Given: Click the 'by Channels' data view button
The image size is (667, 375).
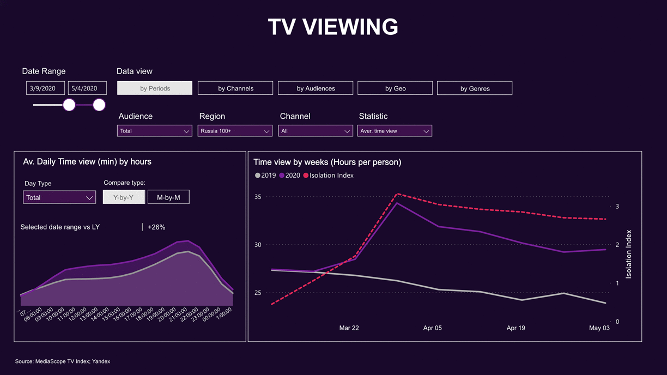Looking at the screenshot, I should (x=235, y=88).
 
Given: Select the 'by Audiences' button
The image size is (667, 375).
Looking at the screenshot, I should (x=316, y=88).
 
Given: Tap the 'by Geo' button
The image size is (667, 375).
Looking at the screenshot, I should (x=395, y=88).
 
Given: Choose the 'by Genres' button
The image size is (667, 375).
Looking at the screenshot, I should (x=475, y=88).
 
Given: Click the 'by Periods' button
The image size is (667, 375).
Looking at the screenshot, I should (x=155, y=88).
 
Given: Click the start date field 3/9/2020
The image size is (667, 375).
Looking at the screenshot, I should (x=45, y=88).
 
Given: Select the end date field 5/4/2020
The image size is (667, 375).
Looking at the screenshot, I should (x=87, y=88).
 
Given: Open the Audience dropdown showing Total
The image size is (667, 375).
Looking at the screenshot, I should (x=154, y=131).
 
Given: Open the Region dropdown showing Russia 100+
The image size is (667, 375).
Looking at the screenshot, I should (x=235, y=131).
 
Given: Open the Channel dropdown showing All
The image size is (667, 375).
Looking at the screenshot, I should (x=315, y=131).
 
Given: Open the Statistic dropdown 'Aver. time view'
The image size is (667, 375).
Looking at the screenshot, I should (x=395, y=131).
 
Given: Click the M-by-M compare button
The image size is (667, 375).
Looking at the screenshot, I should (x=168, y=197).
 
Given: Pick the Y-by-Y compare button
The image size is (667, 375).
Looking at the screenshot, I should (x=124, y=197).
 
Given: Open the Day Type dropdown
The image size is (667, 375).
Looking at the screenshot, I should (x=59, y=197).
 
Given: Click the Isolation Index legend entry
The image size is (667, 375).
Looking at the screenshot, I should (x=329, y=176).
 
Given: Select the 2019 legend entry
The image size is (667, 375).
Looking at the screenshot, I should (x=265, y=176).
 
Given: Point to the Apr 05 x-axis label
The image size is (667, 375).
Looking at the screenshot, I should (x=433, y=328).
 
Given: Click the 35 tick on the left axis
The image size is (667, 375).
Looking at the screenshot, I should (x=258, y=197).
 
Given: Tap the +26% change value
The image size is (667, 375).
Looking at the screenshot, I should (x=156, y=227).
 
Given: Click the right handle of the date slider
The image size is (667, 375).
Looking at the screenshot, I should (x=99, y=105).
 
